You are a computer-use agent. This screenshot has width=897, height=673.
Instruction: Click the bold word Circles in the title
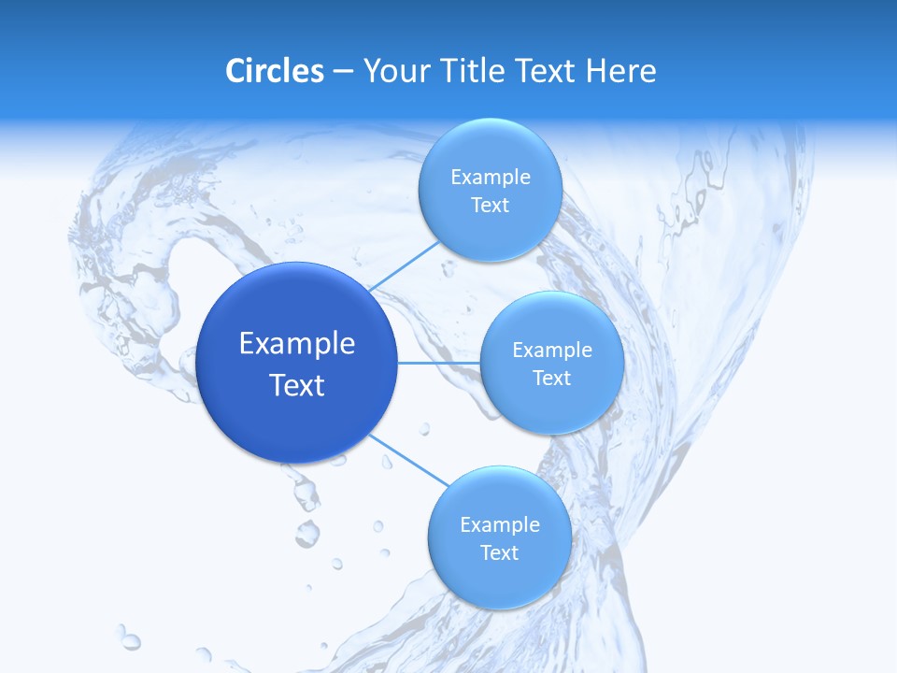(274, 71)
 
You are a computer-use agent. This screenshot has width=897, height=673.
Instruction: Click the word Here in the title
(620, 71)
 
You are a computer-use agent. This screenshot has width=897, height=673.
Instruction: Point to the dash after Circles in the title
(343, 72)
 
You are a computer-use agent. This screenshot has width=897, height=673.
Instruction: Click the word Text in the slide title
(546, 71)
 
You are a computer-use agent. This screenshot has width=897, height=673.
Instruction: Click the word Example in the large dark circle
(297, 344)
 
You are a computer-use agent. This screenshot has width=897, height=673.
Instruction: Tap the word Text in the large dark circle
(297, 385)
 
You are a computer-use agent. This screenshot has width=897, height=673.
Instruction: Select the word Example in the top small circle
(491, 178)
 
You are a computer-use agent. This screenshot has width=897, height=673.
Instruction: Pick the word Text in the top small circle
(490, 206)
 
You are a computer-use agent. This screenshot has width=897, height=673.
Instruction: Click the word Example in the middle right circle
(552, 351)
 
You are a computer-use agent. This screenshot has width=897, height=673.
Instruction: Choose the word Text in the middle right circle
(551, 379)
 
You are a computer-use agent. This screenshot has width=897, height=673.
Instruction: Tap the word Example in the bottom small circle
(500, 525)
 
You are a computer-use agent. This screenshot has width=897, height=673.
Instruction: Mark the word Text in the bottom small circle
(499, 553)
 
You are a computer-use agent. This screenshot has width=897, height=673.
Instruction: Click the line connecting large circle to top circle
(405, 265)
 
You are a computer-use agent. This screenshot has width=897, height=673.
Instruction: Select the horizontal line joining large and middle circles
(438, 363)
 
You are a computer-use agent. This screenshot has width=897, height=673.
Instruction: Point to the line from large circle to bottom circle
(408, 460)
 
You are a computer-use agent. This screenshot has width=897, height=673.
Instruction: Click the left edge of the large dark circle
(199, 363)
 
